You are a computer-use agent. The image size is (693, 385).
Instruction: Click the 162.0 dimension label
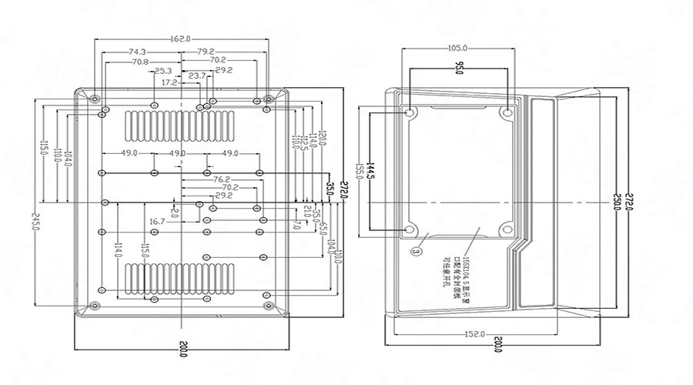[180, 38]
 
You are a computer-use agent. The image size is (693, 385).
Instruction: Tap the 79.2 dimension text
[206, 52]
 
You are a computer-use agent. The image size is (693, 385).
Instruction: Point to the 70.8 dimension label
[140, 61]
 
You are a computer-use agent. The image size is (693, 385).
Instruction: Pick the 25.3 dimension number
[162, 71]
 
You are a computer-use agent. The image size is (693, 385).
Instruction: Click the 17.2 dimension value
[170, 82]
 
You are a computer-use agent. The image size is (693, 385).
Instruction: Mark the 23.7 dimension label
[197, 75]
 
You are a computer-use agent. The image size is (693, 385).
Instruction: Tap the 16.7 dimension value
[157, 222]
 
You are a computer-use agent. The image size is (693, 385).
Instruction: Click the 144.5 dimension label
[370, 172]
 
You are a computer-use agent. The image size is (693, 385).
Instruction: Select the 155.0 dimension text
[359, 172]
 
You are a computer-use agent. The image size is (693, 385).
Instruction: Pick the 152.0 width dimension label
[474, 333]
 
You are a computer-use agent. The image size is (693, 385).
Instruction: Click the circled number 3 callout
[417, 251]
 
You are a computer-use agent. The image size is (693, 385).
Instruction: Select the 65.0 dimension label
[324, 230]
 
